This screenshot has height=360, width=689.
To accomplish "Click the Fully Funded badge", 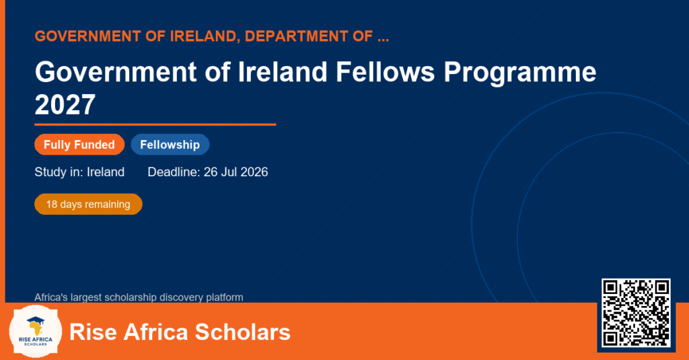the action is [79, 145].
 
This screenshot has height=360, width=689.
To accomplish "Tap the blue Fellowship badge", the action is [170, 145].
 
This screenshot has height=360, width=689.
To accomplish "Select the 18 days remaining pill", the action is [88, 205].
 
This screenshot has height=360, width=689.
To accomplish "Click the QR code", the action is [636, 313].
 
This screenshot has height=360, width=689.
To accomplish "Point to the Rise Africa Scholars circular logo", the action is [35, 332].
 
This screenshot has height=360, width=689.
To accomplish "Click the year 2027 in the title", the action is [65, 104].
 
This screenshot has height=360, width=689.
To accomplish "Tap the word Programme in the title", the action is [520, 73].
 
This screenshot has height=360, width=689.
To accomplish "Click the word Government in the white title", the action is [116, 71].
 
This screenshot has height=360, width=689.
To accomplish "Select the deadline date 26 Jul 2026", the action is [236, 172].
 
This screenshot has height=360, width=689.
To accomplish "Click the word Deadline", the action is [174, 172].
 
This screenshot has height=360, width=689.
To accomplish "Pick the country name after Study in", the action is [106, 172].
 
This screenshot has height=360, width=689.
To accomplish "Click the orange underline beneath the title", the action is [155, 125].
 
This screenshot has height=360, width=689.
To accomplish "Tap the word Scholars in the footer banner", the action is [242, 332].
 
